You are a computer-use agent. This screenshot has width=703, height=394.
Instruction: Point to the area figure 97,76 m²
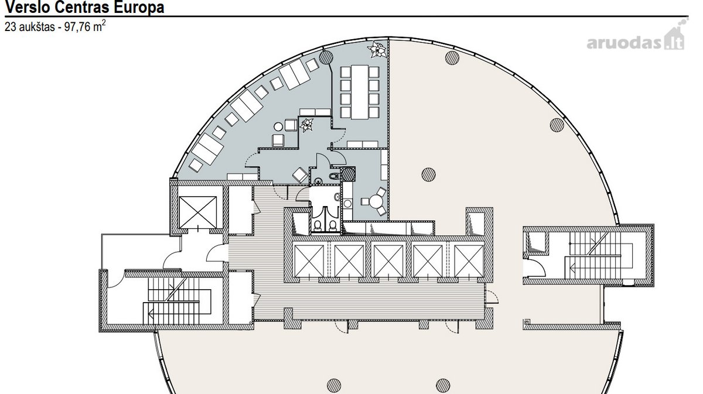[85, 26]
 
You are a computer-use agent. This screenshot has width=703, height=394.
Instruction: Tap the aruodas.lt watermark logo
[636, 37]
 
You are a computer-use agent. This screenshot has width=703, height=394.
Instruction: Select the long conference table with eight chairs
[360, 92]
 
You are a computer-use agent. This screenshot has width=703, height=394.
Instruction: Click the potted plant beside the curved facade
[377, 49]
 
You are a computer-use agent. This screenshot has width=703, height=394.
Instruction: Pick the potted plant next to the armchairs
[306, 125]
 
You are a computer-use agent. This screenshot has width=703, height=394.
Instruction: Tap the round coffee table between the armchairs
[278, 126]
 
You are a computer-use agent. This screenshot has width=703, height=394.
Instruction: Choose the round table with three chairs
[375, 201]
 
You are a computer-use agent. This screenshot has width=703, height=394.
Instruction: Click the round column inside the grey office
[326, 57]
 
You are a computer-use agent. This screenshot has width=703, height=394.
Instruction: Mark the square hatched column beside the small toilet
[348, 174]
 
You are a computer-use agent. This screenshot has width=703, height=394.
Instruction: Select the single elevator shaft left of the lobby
[198, 213]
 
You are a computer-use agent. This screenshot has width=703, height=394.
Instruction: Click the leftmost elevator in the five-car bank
[309, 261]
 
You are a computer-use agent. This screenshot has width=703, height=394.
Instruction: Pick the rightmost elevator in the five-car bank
[469, 261]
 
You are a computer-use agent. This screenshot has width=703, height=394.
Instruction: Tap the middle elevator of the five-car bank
[388, 261]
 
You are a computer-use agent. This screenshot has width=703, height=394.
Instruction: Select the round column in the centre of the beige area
[428, 174]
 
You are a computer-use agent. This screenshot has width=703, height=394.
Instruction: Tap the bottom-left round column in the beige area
[334, 385]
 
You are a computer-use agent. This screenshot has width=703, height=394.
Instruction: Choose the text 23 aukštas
[30, 27]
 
